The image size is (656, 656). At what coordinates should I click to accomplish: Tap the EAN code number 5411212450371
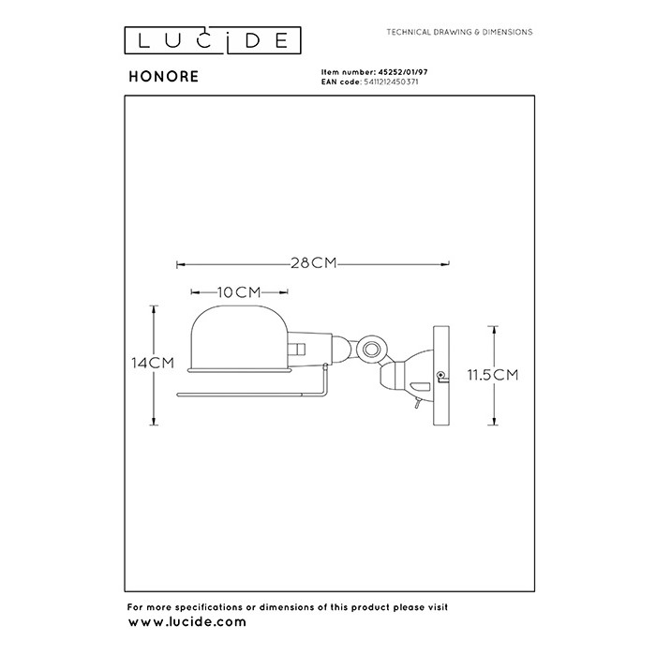395,82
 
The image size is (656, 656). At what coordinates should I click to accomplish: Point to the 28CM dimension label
313,263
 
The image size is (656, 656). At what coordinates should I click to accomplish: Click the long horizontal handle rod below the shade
251,394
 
